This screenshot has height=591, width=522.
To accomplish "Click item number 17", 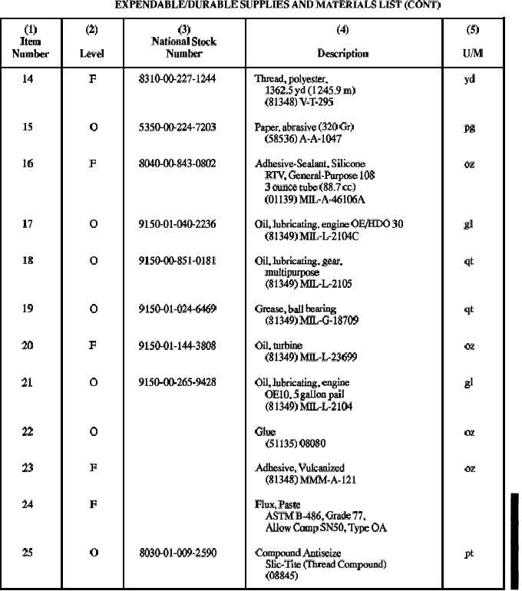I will tap(28, 224).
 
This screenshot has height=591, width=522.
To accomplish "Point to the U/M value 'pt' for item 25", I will tap(469, 553).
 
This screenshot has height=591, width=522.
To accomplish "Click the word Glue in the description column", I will tap(265, 432).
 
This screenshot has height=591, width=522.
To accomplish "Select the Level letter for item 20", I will tap(92, 345).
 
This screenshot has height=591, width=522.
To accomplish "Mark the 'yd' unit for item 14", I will tap(469, 78).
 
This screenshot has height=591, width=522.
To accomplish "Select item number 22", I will tap(28, 432).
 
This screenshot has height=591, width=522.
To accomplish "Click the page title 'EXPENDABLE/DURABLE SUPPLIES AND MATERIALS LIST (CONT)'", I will tap(260, 7).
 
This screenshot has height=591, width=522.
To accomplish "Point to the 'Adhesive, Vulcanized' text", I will tap(299, 467).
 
